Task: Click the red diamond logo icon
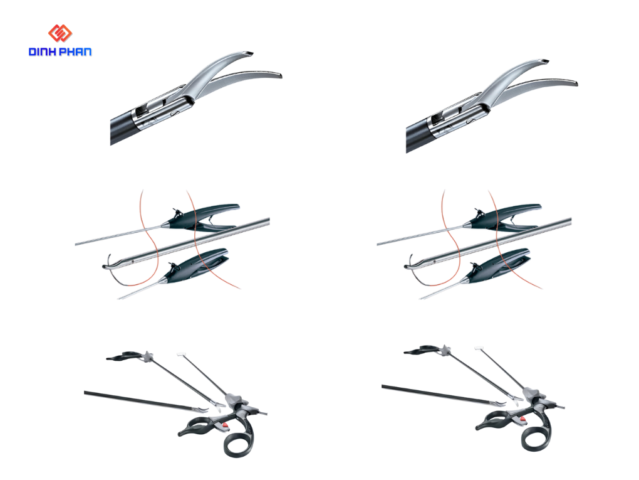coord(60,33)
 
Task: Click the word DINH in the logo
coord(42,52)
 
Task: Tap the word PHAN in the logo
coord(75,52)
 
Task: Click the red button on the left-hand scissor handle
coord(224,426)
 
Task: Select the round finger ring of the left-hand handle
coord(239,444)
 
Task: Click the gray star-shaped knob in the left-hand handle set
coord(147,356)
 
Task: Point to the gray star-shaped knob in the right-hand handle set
coord(445,349)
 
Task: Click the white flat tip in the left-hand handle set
coord(182,354)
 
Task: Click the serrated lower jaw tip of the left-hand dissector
coord(279,75)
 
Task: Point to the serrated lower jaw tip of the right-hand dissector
coord(574,83)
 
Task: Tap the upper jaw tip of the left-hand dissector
coord(249,53)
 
